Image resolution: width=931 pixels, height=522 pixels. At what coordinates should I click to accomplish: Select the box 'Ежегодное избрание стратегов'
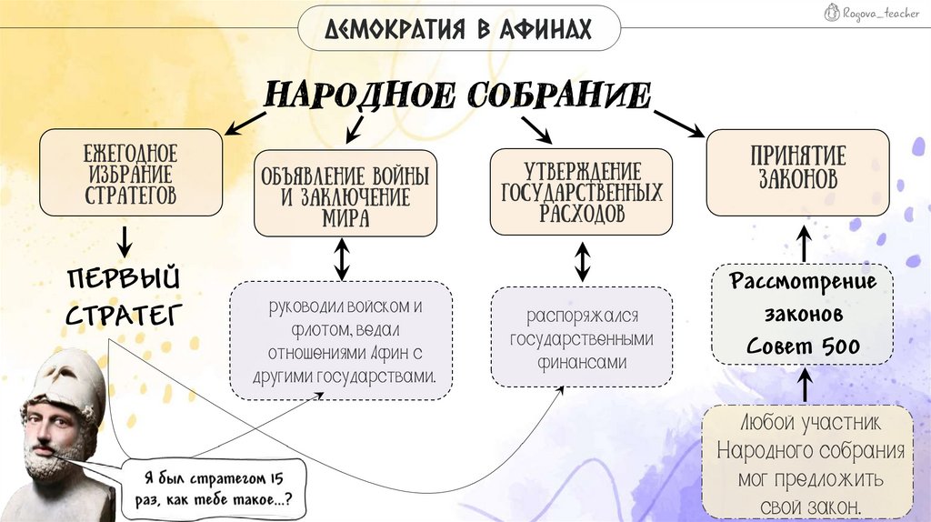coord(131,173)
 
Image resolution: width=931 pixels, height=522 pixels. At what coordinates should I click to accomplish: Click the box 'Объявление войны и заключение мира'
coord(345,194)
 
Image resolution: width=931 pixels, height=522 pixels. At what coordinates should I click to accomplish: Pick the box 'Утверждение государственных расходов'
coord(581,192)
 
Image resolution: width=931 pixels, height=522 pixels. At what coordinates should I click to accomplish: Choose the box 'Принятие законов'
coord(797,172)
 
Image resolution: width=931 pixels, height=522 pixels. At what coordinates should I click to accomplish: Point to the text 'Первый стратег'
coord(123,296)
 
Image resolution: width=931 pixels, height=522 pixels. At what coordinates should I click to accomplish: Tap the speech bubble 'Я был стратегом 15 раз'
coord(215,489)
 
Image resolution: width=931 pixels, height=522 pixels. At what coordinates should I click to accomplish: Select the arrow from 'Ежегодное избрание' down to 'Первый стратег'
coord(125,240)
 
